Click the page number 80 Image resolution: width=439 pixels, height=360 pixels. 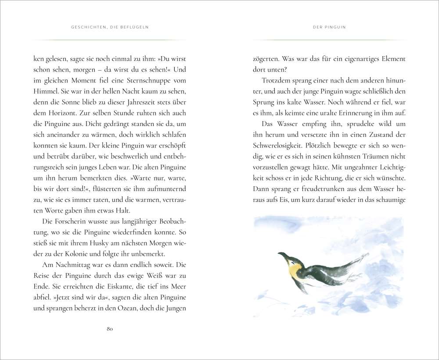click(110, 330)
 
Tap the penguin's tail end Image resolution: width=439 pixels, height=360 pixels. click(365, 255)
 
